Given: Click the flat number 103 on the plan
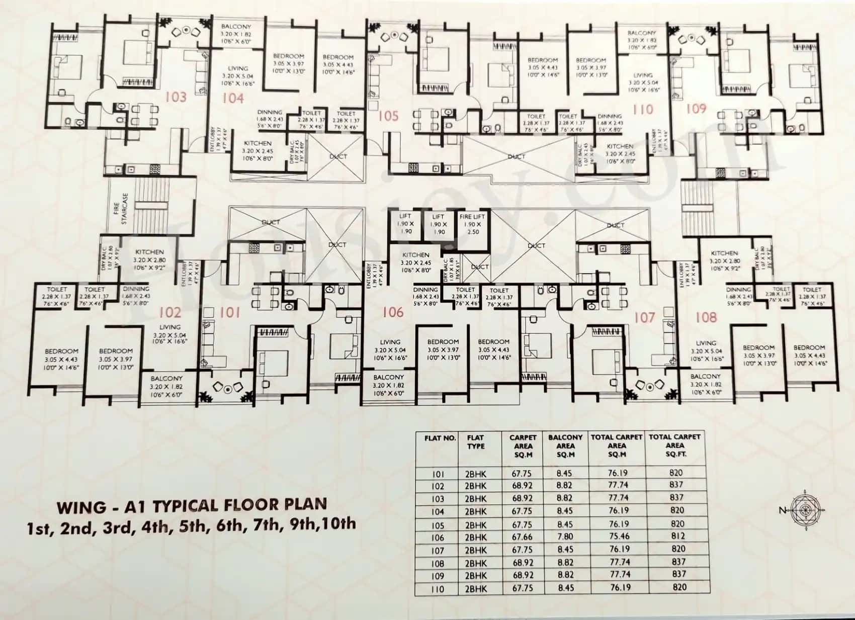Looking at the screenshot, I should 176,97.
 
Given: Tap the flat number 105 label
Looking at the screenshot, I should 388,116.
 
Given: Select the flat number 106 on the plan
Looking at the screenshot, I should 392,312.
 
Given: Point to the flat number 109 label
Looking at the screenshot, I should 696,108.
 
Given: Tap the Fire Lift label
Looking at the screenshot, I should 472,217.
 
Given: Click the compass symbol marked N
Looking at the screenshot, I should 806,510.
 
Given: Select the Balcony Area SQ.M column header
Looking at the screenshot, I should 565,445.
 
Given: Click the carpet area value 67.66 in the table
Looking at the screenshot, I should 523,537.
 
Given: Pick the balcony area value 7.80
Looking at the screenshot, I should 565,537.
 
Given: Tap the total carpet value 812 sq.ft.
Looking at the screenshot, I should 677,536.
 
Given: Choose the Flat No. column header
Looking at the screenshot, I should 440,438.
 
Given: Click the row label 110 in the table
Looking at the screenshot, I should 438,588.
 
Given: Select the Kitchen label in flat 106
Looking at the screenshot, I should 415,255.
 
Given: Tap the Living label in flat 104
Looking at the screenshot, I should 237,68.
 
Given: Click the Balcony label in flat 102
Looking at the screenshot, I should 166,378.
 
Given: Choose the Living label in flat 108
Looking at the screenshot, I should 706,343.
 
